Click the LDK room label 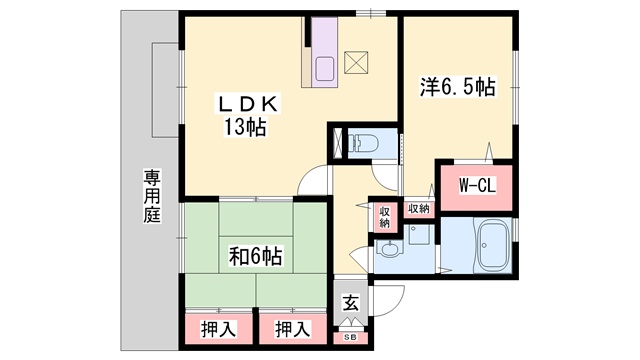(x=249, y=104)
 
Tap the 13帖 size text (x=245, y=127)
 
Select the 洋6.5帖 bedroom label (x=458, y=87)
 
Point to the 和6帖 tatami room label (x=255, y=257)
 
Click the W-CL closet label (x=477, y=186)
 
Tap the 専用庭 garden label (x=152, y=196)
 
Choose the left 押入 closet (x=219, y=329)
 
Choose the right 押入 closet (x=293, y=329)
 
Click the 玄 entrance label (x=351, y=303)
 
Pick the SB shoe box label (x=351, y=338)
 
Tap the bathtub (x=492, y=248)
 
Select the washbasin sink (x=390, y=249)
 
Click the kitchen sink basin (x=325, y=69)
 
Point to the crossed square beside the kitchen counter (x=356, y=62)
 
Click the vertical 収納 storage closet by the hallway (x=384, y=218)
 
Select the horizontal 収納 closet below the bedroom (x=419, y=209)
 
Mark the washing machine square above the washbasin (x=419, y=235)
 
